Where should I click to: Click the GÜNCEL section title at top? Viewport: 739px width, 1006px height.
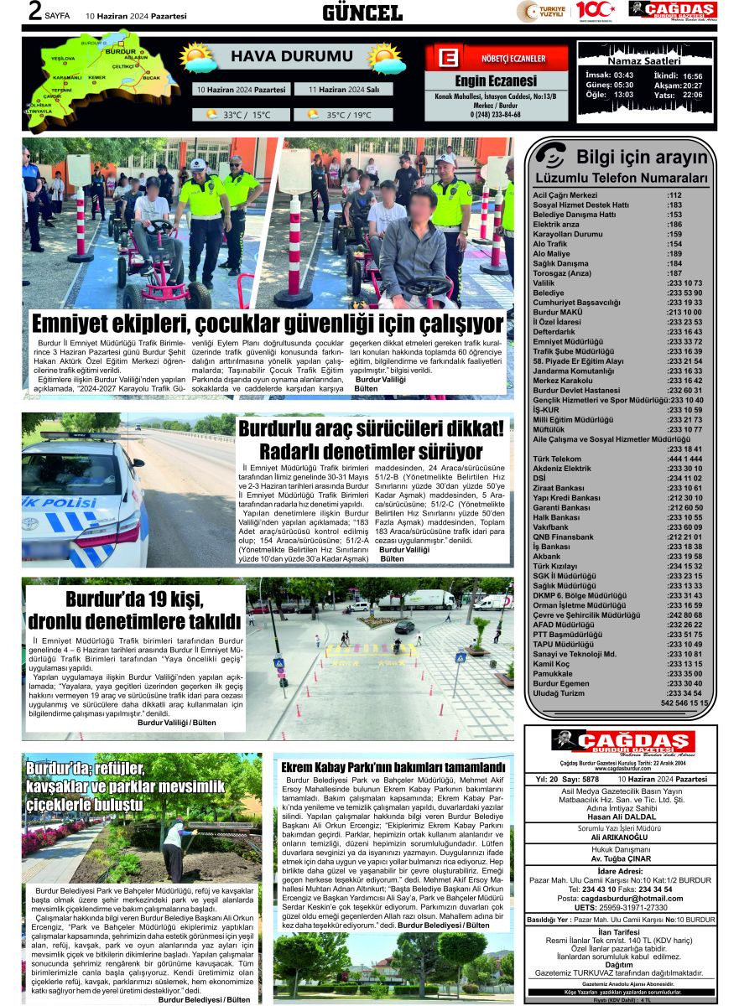(362, 12)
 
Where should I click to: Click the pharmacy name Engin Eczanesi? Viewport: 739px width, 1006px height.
(495, 81)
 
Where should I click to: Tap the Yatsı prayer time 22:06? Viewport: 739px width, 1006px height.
(692, 95)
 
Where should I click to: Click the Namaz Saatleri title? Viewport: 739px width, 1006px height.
(645, 61)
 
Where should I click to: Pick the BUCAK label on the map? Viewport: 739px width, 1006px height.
(151, 77)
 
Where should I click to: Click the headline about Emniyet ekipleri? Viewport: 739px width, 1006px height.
(267, 324)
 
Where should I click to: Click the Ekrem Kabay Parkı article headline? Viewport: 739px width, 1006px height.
(393, 767)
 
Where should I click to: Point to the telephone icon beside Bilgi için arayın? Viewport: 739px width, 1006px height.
(551, 156)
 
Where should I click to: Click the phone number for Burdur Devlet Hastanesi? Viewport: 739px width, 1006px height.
(684, 391)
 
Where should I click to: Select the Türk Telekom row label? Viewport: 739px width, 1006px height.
(557, 459)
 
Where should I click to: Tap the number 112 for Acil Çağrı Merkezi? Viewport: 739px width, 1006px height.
(674, 195)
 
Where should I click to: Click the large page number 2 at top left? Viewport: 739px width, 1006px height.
(35, 12)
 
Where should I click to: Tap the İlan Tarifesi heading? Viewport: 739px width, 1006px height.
(620, 933)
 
